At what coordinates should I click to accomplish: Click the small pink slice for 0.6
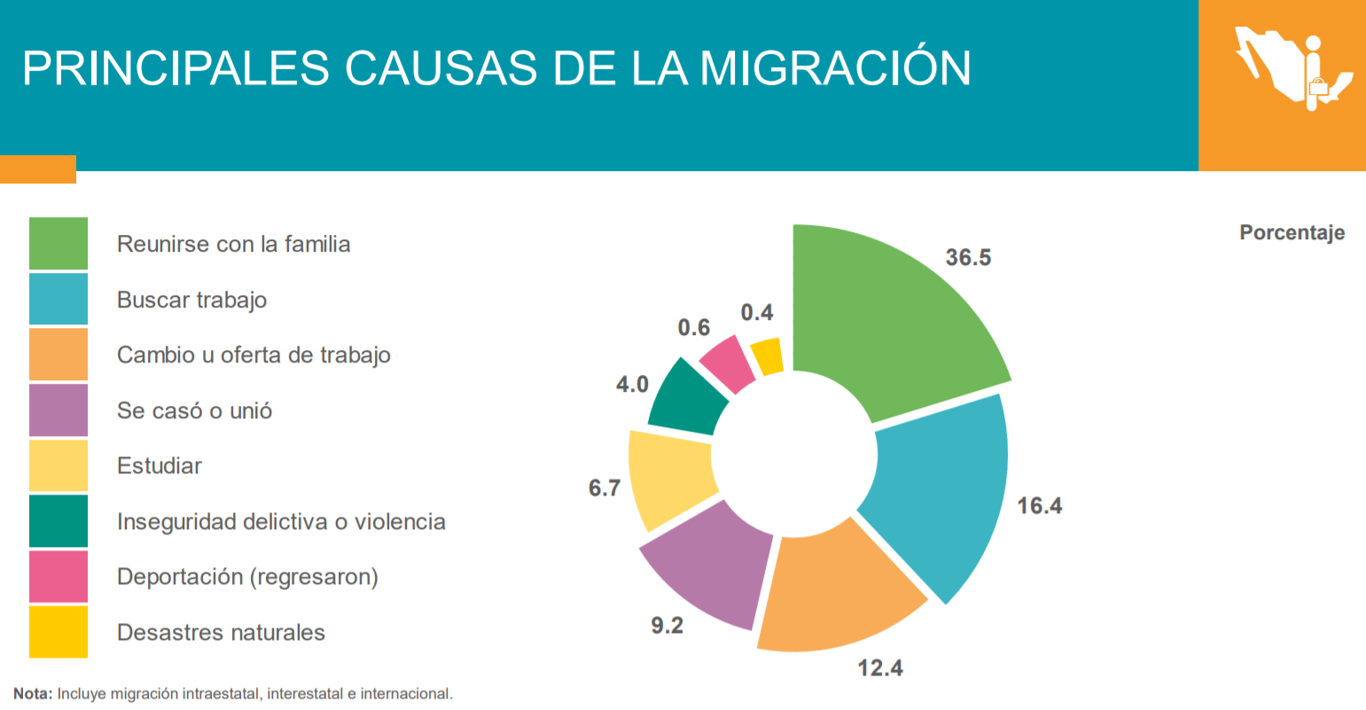tap(726, 362)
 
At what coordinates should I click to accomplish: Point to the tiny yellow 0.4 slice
tap(768, 357)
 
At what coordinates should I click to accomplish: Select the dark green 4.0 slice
tap(687, 399)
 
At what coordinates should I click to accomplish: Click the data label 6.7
tap(605, 488)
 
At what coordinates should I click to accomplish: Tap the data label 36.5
tap(968, 257)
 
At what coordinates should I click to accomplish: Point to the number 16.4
tap(1039, 505)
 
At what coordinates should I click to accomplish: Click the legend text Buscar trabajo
tap(191, 300)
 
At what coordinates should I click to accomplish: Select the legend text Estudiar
tap(160, 465)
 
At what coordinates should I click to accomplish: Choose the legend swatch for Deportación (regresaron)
tap(59, 576)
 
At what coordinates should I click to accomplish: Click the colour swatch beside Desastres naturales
tap(59, 632)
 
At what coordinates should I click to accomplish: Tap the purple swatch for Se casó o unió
tap(59, 410)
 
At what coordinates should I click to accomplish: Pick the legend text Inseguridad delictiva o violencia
tap(281, 521)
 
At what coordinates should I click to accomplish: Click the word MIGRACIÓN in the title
tap(835, 67)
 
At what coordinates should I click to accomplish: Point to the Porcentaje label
tap(1292, 232)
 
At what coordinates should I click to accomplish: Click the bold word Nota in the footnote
tap(33, 694)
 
